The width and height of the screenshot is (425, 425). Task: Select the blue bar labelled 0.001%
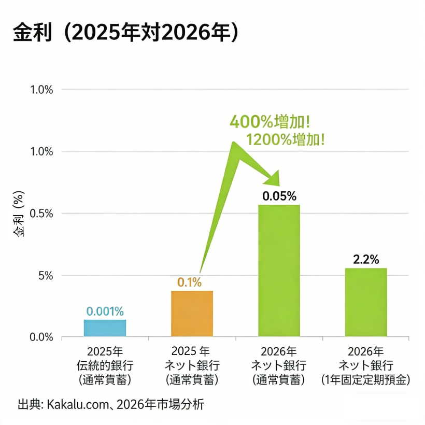coord(105,328)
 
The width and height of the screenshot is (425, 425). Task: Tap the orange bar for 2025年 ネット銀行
coord(192,313)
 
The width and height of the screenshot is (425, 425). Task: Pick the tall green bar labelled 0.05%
coord(279,271)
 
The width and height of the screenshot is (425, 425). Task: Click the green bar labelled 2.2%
coord(366,302)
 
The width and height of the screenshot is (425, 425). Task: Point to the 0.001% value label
coord(105,311)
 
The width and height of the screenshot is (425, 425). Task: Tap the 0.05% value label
coord(279,196)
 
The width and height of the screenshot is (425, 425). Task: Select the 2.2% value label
coord(366,259)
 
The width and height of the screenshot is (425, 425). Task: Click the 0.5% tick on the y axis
coord(42,213)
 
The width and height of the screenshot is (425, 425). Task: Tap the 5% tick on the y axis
coord(46,275)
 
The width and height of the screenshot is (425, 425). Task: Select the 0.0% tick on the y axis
coord(42,337)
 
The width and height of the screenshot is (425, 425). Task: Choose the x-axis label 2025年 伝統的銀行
coord(105,364)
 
